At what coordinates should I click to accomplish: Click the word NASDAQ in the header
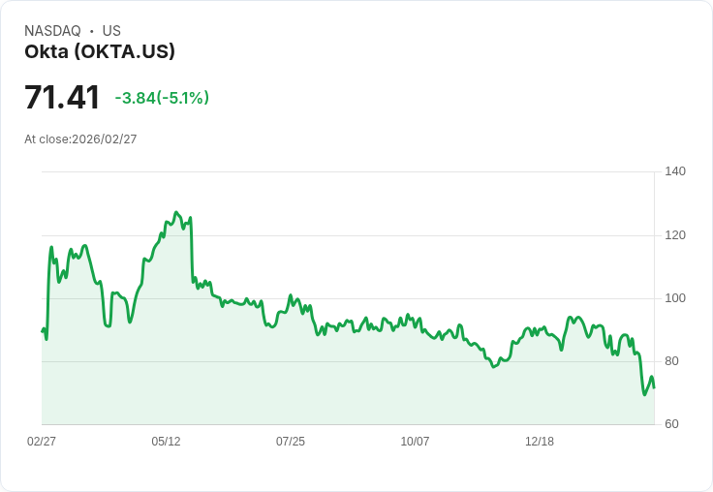(x=52, y=31)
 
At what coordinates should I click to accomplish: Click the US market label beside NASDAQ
(x=111, y=31)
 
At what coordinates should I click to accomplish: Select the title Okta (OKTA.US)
(x=100, y=52)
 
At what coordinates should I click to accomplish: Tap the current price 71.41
(x=62, y=98)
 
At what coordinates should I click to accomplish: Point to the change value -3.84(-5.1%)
(x=162, y=98)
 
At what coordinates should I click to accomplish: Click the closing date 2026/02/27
(x=104, y=139)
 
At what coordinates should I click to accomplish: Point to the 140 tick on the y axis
(x=675, y=171)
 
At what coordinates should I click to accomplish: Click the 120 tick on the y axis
(x=675, y=235)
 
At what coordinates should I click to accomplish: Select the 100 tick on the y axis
(x=675, y=298)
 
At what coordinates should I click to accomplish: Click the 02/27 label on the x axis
(x=42, y=442)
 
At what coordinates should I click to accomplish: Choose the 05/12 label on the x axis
(x=166, y=442)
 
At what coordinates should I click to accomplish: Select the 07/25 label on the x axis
(x=291, y=442)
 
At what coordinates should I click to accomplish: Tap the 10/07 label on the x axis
(x=415, y=442)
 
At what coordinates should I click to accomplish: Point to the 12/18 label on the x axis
(x=540, y=442)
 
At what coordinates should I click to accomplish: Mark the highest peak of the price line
(x=176, y=212)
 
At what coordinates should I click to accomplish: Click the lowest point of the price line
(x=644, y=394)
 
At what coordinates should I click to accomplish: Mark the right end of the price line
(x=654, y=387)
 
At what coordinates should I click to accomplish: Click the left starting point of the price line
(x=42, y=331)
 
